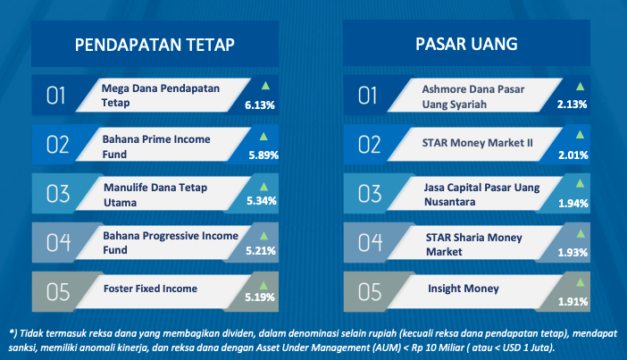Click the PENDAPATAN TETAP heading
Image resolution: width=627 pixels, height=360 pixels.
click(155, 45)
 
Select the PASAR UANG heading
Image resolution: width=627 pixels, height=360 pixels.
click(466, 44)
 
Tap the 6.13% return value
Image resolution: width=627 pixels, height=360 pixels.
click(260, 105)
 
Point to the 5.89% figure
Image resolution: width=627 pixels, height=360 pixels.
click(263, 155)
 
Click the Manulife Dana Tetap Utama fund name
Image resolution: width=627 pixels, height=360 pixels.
click(155, 195)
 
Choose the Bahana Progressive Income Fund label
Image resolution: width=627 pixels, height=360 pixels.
click(171, 243)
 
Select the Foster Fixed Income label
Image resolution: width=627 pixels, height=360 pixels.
click(150, 289)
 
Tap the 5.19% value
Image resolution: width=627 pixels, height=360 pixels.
click(260, 297)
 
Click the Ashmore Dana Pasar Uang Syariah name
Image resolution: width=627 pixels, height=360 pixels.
click(473, 96)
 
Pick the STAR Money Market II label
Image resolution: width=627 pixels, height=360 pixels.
click(478, 143)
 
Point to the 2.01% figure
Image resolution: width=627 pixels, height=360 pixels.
click(573, 155)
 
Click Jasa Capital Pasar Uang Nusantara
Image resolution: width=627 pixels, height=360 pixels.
click(481, 195)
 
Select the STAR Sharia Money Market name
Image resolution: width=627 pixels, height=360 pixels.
click(474, 245)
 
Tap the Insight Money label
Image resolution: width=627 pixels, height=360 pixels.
click(464, 289)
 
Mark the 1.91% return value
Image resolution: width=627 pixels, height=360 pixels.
click(573, 302)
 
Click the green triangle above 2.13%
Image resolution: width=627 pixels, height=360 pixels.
click(580, 87)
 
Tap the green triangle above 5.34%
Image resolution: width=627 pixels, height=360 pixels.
click(263, 187)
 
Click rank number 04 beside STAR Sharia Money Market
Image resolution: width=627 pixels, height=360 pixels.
click(370, 243)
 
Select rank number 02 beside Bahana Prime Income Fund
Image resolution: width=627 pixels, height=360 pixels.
click(58, 145)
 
